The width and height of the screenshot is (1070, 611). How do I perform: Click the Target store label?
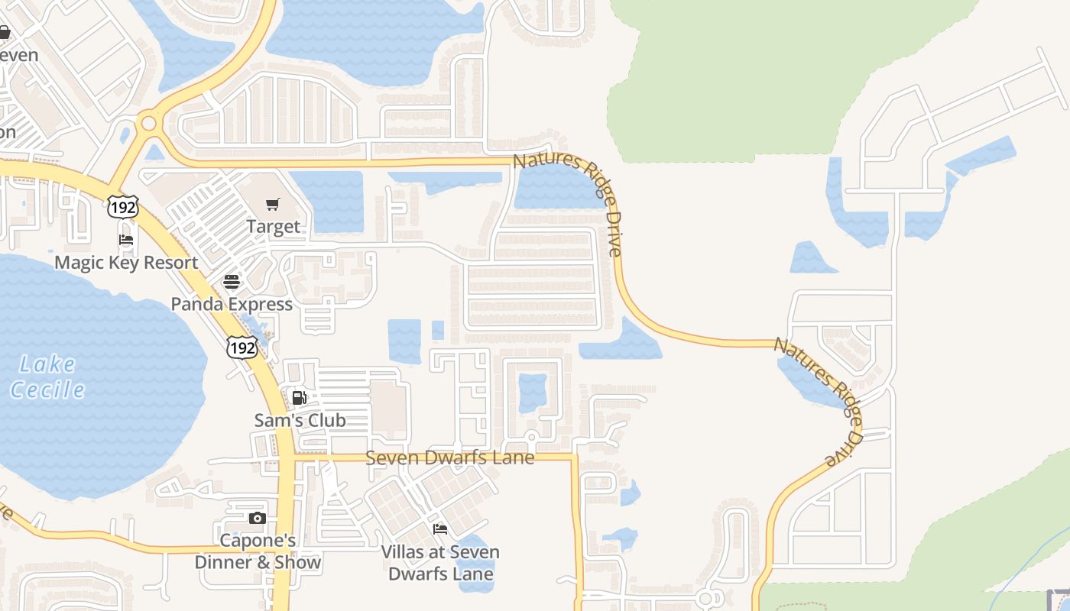(x=273, y=227)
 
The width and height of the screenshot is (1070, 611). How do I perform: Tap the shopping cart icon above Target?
(x=273, y=204)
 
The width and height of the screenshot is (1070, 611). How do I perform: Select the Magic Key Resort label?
(x=126, y=263)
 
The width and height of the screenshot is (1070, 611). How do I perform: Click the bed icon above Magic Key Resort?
(x=126, y=240)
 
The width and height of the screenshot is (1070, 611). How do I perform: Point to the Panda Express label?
(x=232, y=304)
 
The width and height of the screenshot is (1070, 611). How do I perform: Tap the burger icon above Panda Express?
(x=232, y=281)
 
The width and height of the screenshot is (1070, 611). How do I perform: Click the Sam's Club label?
(x=300, y=420)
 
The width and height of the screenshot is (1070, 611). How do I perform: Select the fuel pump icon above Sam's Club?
(x=300, y=397)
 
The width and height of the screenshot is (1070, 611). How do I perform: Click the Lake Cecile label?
(x=48, y=377)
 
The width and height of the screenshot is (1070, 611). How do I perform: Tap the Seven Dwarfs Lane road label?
(x=449, y=457)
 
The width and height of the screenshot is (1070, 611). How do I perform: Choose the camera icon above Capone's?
(x=258, y=519)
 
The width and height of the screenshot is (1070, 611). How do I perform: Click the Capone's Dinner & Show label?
(x=258, y=551)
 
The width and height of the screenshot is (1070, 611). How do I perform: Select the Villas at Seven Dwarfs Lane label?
(x=440, y=562)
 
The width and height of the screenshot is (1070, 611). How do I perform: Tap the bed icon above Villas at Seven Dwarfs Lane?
(x=440, y=529)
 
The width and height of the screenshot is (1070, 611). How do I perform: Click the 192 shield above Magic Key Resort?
(x=122, y=206)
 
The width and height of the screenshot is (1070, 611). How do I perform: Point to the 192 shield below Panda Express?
(x=241, y=347)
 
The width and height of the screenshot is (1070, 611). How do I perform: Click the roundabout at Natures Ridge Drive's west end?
(x=148, y=123)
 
